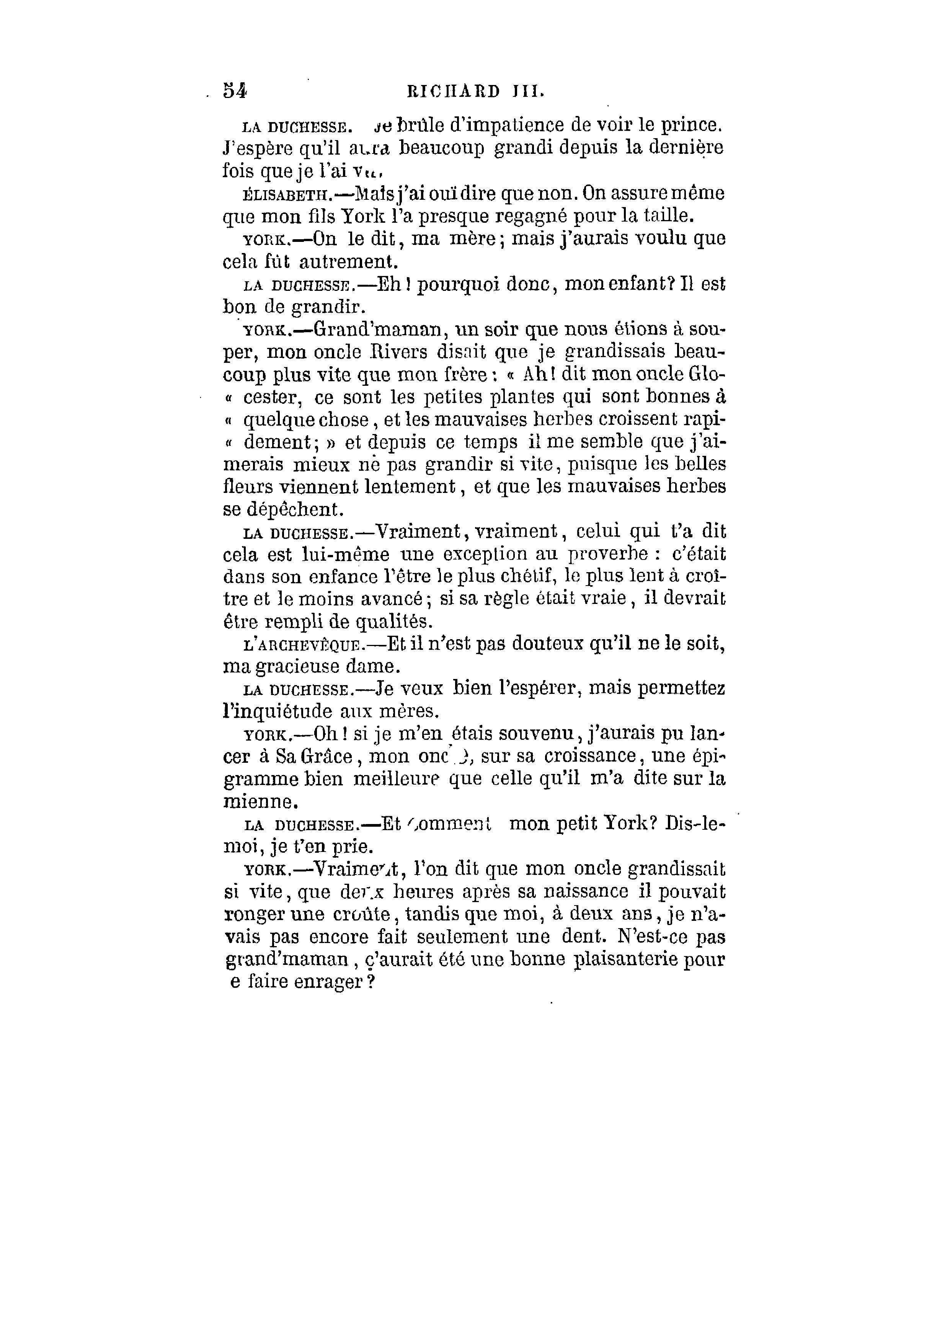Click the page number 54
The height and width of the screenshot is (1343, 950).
pyautogui.click(x=235, y=92)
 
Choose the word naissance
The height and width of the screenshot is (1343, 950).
pyautogui.click(x=586, y=893)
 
